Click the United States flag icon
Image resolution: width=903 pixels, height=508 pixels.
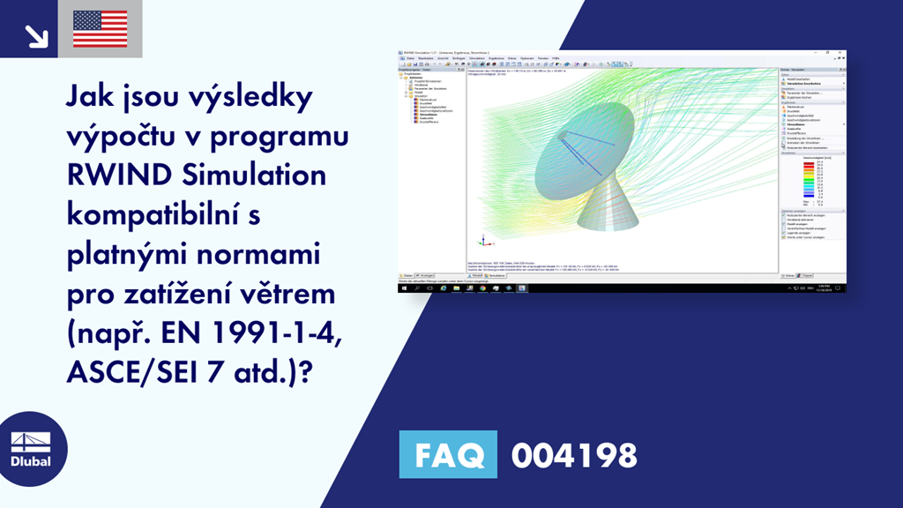tap(100, 29)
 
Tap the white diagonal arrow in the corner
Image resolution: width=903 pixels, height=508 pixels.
tap(36, 35)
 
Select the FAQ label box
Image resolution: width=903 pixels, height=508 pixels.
tap(447, 455)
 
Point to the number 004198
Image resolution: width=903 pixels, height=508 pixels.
tap(574, 456)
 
